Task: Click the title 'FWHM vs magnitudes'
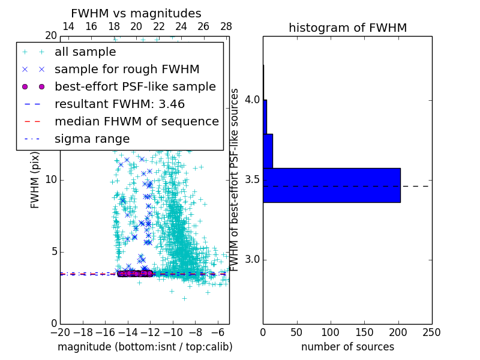pyautogui.click(x=136, y=13)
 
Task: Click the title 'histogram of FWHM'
pyautogui.click(x=347, y=28)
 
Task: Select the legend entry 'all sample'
pyautogui.click(x=85, y=52)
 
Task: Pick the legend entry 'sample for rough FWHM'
pyautogui.click(x=127, y=69)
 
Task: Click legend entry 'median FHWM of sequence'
pyautogui.click(x=136, y=121)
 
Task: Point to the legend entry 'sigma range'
pyautogui.click(x=92, y=139)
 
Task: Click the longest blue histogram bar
pyautogui.click(x=331, y=185)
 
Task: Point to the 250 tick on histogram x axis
pyautogui.click(x=431, y=332)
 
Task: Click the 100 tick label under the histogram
pyautogui.click(x=331, y=332)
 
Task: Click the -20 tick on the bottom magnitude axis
pyautogui.click(x=60, y=332)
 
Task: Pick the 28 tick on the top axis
pyautogui.click(x=226, y=26)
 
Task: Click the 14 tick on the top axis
pyautogui.click(x=68, y=26)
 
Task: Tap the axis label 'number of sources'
pyautogui.click(x=347, y=347)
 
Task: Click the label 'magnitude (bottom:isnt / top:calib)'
pyautogui.click(x=145, y=347)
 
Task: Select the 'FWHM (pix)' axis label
pyautogui.click(x=35, y=179)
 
